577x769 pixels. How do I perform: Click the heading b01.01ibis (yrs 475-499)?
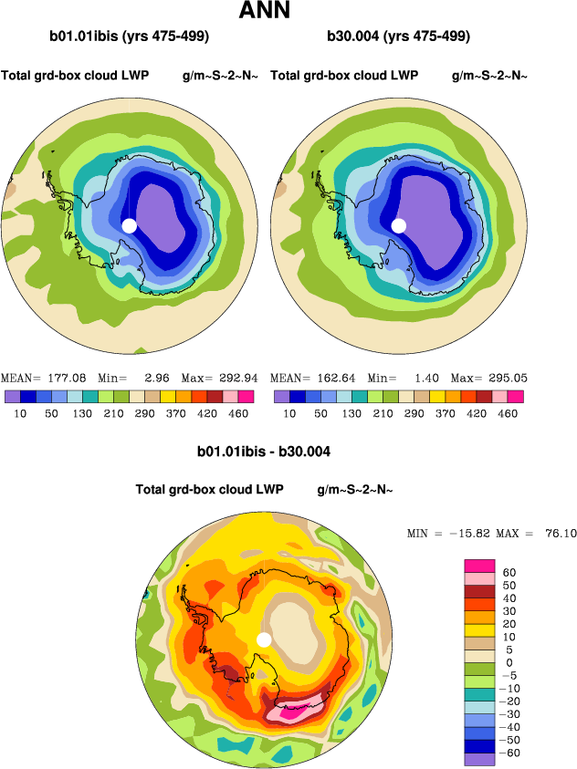[x=130, y=37]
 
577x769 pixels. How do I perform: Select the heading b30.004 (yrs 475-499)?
[x=398, y=37]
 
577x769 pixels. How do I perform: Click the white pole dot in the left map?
[x=129, y=225]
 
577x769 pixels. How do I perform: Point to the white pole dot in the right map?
[x=398, y=225]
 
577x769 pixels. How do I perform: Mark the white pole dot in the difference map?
[x=264, y=639]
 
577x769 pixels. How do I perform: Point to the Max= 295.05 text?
[x=488, y=379]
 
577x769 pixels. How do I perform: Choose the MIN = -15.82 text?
[x=446, y=534]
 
